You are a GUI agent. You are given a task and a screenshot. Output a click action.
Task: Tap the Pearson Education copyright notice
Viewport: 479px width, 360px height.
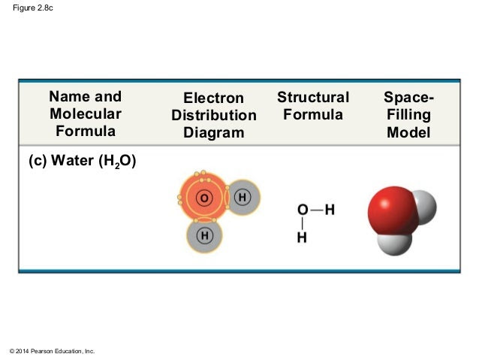(49, 350)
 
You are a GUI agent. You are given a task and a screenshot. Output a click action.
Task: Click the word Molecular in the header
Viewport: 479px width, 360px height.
(85, 113)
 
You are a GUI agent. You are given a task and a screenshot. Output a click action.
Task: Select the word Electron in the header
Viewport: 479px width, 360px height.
(214, 98)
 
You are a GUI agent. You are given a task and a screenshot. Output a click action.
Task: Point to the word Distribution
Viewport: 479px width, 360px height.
(214, 116)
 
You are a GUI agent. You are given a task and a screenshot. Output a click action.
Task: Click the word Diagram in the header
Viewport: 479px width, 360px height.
(214, 133)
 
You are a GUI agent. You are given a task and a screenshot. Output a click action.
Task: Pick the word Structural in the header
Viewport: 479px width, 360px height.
(313, 98)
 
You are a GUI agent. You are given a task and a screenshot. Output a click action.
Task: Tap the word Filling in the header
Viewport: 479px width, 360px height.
(408, 116)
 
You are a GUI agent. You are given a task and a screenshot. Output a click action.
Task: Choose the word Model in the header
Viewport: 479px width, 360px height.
(408, 133)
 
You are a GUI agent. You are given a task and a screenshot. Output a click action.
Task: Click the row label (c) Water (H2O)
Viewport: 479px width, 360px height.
(82, 162)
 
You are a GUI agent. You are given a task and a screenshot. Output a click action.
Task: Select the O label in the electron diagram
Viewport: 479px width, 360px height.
(203, 198)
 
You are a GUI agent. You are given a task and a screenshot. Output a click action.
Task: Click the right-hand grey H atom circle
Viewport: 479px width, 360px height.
(243, 197)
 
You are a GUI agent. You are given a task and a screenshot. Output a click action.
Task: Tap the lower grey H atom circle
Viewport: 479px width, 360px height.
(205, 236)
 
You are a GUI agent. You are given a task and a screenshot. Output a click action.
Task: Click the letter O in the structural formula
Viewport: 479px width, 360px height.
(303, 210)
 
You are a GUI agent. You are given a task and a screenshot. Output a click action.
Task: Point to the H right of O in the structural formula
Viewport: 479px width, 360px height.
(329, 210)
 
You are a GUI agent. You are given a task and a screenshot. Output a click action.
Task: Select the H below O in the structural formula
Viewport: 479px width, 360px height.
(303, 238)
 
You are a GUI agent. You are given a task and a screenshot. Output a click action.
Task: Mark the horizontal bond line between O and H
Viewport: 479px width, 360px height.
(315, 210)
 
